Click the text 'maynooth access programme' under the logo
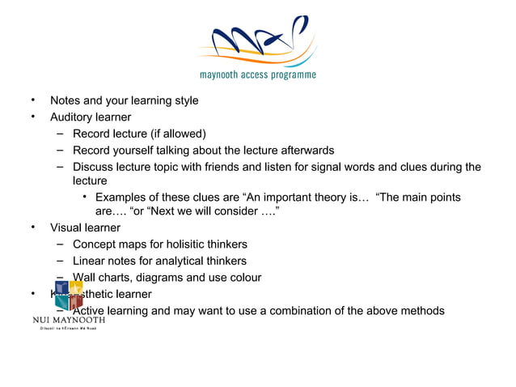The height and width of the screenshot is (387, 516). [x=257, y=75]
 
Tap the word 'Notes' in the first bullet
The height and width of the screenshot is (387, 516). [x=66, y=101]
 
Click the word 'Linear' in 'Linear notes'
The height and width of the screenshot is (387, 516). [x=90, y=261]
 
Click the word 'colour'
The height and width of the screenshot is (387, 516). [x=243, y=278]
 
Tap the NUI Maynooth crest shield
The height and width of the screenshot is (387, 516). [x=69, y=296]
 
